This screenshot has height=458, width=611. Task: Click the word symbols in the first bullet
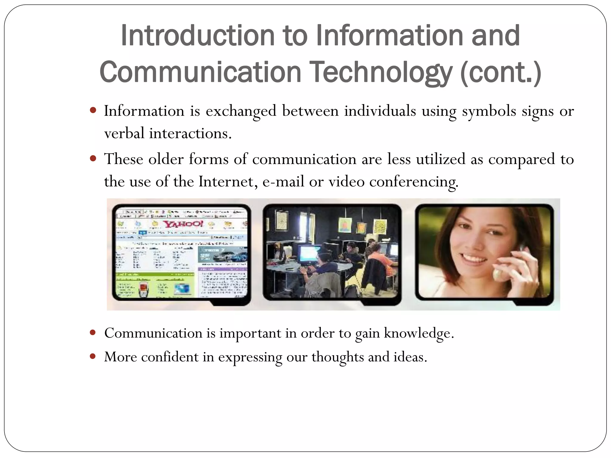[489, 112]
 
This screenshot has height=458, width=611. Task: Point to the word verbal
[124, 133]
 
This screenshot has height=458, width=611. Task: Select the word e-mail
[283, 182]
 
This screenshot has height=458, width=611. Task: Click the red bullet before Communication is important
[93, 332]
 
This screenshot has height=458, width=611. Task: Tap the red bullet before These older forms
[93, 158]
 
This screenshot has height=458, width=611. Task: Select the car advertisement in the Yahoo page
[223, 255]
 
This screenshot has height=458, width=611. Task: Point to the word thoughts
[337, 357]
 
